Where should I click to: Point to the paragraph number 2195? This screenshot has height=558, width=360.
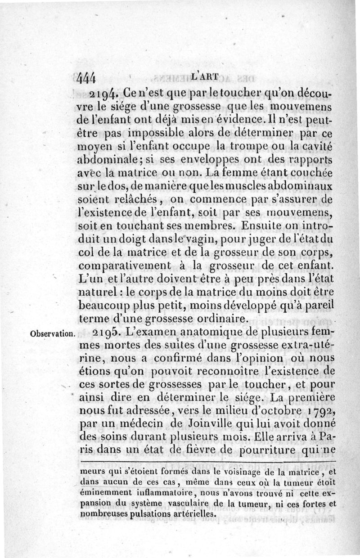pyautogui.click(x=107, y=333)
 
